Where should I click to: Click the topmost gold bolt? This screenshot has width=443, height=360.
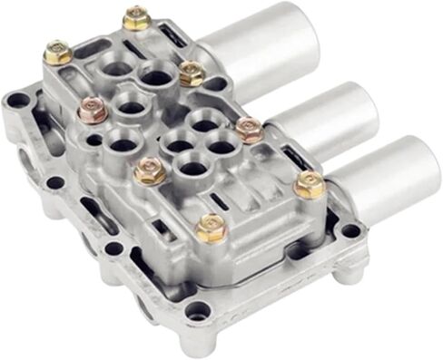click(137, 16)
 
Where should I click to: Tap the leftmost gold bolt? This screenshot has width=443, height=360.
click(58, 53)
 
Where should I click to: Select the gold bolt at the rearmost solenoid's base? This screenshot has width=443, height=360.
click(192, 73)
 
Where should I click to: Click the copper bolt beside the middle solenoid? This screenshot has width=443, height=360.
click(249, 130)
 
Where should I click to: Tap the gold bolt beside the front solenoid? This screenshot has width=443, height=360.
click(310, 184)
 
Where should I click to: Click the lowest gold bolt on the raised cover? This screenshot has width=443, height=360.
click(212, 227)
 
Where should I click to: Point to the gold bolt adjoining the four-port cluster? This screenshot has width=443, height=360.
click(150, 170)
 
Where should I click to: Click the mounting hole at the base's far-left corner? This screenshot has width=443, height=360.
click(15, 100)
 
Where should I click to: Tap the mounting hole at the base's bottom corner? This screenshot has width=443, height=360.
click(197, 314)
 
